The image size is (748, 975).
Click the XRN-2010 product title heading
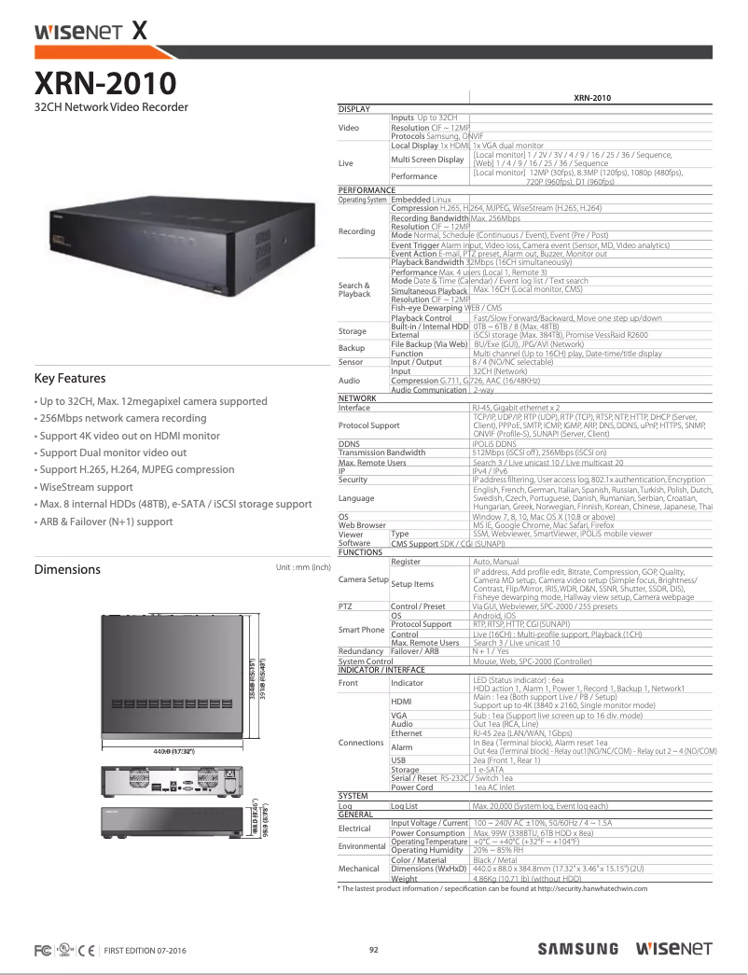(104, 84)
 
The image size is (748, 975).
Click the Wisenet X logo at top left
(90, 31)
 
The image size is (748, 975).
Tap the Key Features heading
(70, 379)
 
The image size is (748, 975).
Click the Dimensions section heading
(67, 569)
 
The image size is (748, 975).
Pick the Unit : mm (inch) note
(303, 566)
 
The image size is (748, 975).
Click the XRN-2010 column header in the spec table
(591, 98)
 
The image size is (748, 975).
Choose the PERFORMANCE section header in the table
(367, 189)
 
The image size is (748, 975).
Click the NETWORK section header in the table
(357, 398)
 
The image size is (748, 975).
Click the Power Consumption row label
(429, 833)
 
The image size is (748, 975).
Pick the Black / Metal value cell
(495, 860)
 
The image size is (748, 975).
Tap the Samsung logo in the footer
(577, 949)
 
